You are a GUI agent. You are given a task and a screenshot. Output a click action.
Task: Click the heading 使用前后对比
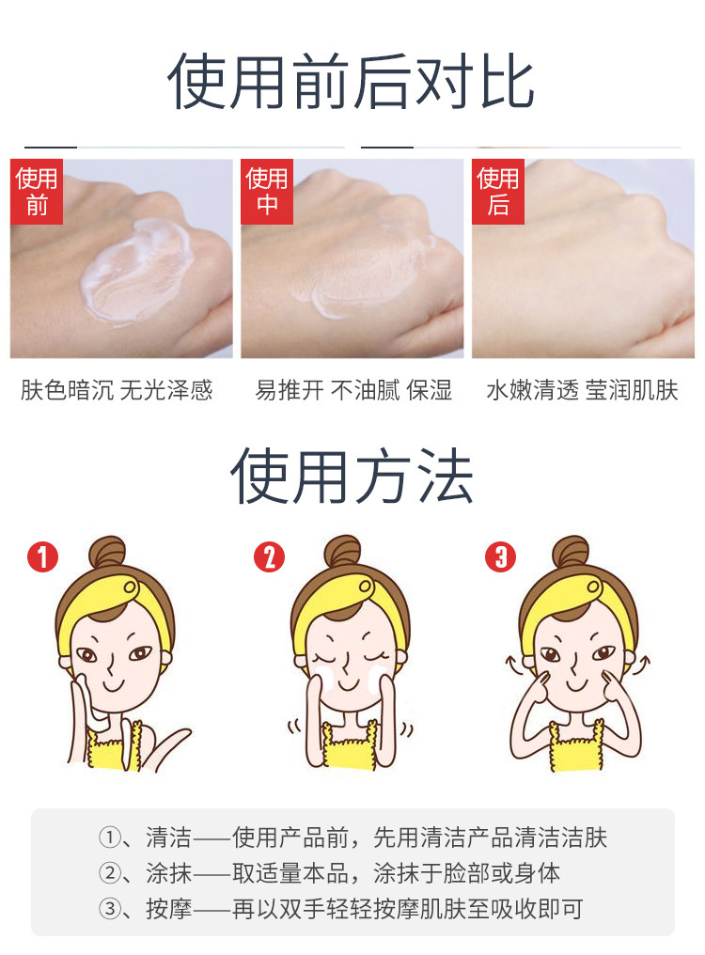[352, 82]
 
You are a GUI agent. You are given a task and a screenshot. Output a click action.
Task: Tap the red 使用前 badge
[37, 191]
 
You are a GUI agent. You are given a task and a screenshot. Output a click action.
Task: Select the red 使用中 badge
[267, 191]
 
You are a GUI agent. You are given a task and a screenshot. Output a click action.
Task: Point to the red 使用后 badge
[498, 191]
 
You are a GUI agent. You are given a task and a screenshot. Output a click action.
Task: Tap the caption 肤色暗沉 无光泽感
[117, 390]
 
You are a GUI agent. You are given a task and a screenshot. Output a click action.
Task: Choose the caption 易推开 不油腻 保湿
[353, 390]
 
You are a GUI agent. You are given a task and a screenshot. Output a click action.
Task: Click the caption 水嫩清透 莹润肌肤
[582, 390]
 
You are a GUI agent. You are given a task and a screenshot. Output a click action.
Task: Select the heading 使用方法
[352, 477]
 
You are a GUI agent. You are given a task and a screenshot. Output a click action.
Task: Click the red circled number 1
[42, 556]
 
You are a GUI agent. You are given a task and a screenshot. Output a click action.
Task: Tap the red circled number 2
[269, 556]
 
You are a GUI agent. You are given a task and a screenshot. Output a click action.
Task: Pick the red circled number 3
[500, 556]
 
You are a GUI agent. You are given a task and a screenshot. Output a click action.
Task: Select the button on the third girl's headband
[593, 587]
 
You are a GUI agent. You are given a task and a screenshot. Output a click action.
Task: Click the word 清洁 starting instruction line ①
[169, 838]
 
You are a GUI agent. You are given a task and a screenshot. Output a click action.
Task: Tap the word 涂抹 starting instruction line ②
[169, 873]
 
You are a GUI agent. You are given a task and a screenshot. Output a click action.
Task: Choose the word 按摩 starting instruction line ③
[169, 909]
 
